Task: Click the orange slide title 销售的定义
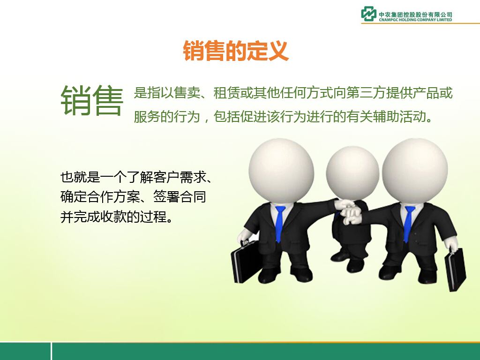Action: click(x=236, y=51)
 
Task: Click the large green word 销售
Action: click(x=92, y=100)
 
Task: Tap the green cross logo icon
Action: click(x=368, y=14)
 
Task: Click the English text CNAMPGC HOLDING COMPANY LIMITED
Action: click(x=415, y=20)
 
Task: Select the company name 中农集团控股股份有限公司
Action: click(x=415, y=15)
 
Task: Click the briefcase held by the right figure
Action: click(x=455, y=269)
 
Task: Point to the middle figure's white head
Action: click(x=352, y=173)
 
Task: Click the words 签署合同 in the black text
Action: click(x=180, y=196)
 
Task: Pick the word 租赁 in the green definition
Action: click(x=226, y=93)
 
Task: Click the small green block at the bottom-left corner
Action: click(x=25, y=351)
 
